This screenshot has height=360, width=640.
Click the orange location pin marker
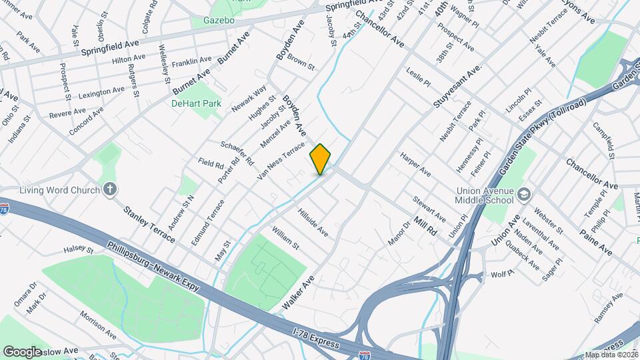(320, 159)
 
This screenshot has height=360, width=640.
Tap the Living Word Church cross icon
(111, 190)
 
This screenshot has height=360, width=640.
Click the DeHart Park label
(195, 104)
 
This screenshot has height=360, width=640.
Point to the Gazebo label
(219, 21)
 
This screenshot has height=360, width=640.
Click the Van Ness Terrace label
(281, 161)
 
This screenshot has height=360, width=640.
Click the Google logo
(22, 351)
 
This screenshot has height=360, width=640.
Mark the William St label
(285, 238)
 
